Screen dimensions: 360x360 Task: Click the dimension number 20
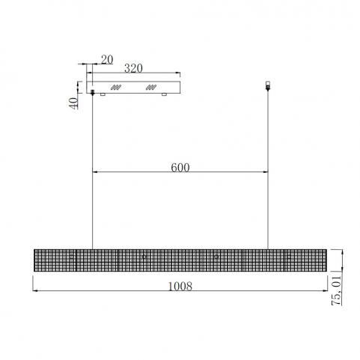point(107,60)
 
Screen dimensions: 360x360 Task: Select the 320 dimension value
point(133,68)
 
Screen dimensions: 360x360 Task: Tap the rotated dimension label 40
point(73,103)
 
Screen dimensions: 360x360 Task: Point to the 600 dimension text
point(180,168)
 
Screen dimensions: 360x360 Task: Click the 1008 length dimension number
point(180,286)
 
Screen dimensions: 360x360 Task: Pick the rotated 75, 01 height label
point(336,290)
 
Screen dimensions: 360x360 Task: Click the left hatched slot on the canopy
point(116,88)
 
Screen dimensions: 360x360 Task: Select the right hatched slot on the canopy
point(151,88)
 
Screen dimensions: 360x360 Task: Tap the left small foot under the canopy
point(103,94)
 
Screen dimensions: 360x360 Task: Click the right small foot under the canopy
point(164,94)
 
